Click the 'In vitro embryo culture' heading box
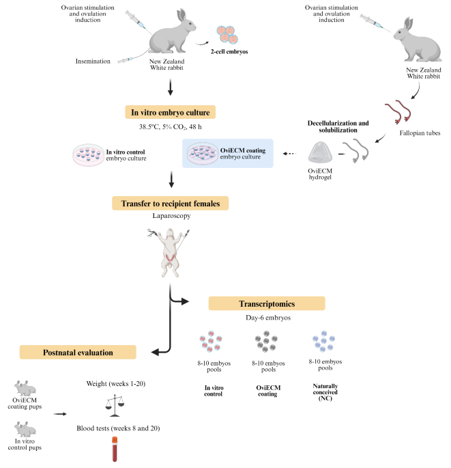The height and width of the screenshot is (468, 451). click(x=170, y=112)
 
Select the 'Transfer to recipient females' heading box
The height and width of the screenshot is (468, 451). click(x=170, y=203)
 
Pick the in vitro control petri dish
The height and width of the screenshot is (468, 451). click(x=88, y=154)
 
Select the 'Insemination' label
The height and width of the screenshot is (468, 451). click(x=93, y=61)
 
